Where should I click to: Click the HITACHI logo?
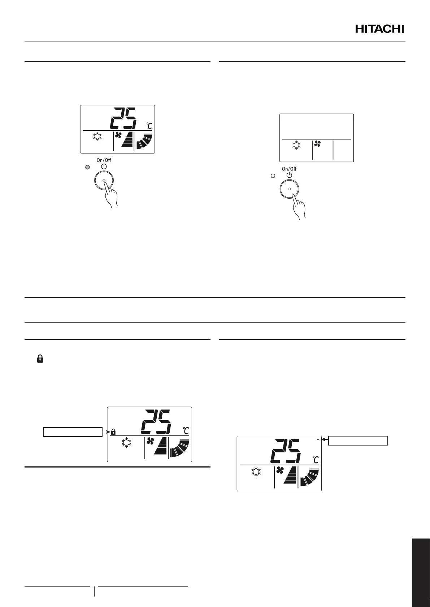[379, 29]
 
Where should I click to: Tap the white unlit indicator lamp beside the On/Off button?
[273, 176]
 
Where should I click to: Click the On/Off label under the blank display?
[289, 169]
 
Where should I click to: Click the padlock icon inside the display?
[113, 431]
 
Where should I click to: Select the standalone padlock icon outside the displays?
[40, 359]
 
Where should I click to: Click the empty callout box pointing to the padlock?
[73, 432]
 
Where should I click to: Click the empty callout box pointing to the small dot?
[358, 440]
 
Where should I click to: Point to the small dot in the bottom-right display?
[317, 439]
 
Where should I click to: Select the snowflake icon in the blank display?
[296, 146]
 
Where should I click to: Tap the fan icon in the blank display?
[318, 144]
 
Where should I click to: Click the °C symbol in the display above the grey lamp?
[149, 126]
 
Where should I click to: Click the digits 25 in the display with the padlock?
[156, 422]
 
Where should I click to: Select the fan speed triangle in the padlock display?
[161, 449]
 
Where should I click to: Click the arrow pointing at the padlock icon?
[105, 431]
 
